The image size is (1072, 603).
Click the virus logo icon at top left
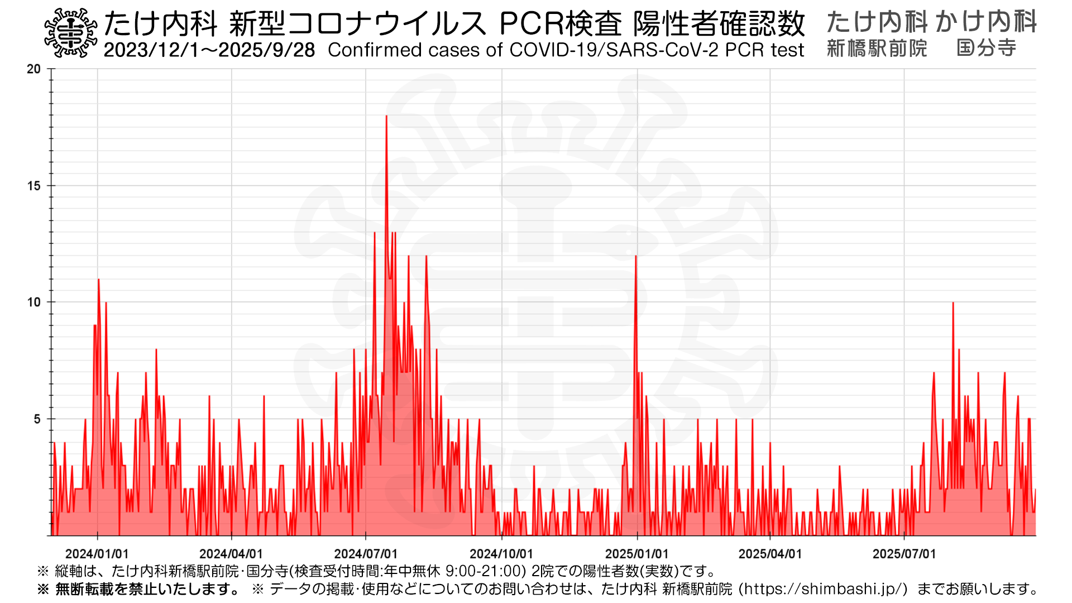coord(70,33)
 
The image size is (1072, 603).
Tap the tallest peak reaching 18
coord(386,117)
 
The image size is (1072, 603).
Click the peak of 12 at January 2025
coord(635,257)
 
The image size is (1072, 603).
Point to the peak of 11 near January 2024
coord(98,280)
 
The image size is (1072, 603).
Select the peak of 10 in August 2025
coord(953,303)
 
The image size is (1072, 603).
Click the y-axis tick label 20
coord(34,69)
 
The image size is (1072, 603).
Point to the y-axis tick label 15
coord(34,186)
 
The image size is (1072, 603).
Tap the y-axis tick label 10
coord(34,303)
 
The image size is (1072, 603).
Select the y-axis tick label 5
coord(37,419)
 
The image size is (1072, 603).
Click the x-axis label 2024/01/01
coord(97,554)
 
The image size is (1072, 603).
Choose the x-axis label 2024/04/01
coord(231,554)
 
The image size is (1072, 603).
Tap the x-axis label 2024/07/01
coord(366,554)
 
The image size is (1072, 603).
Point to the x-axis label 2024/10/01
coord(501,554)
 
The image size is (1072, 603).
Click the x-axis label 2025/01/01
coord(637,554)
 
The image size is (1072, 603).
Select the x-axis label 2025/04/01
coord(770,554)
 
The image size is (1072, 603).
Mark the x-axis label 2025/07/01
coord(904,554)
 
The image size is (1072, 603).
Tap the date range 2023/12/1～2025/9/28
coord(209,50)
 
